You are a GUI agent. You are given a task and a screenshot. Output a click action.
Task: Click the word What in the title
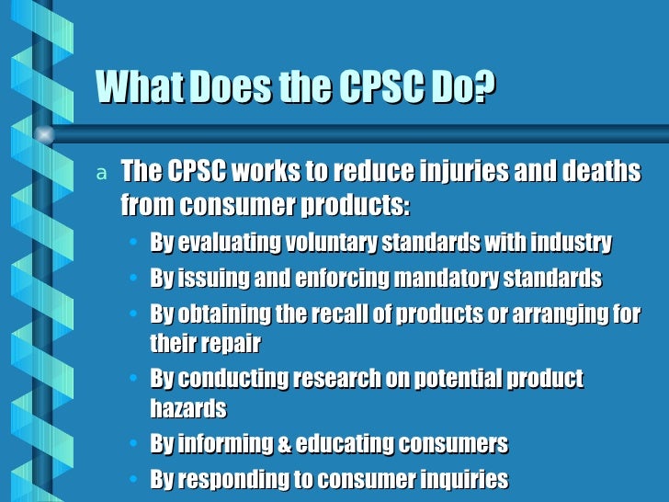[x=133, y=88]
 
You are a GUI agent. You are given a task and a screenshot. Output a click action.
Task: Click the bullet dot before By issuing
[x=135, y=280]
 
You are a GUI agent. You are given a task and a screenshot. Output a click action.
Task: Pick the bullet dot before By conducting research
[x=135, y=380]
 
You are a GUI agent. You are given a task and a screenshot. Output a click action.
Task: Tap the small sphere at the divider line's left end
[x=44, y=134]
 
